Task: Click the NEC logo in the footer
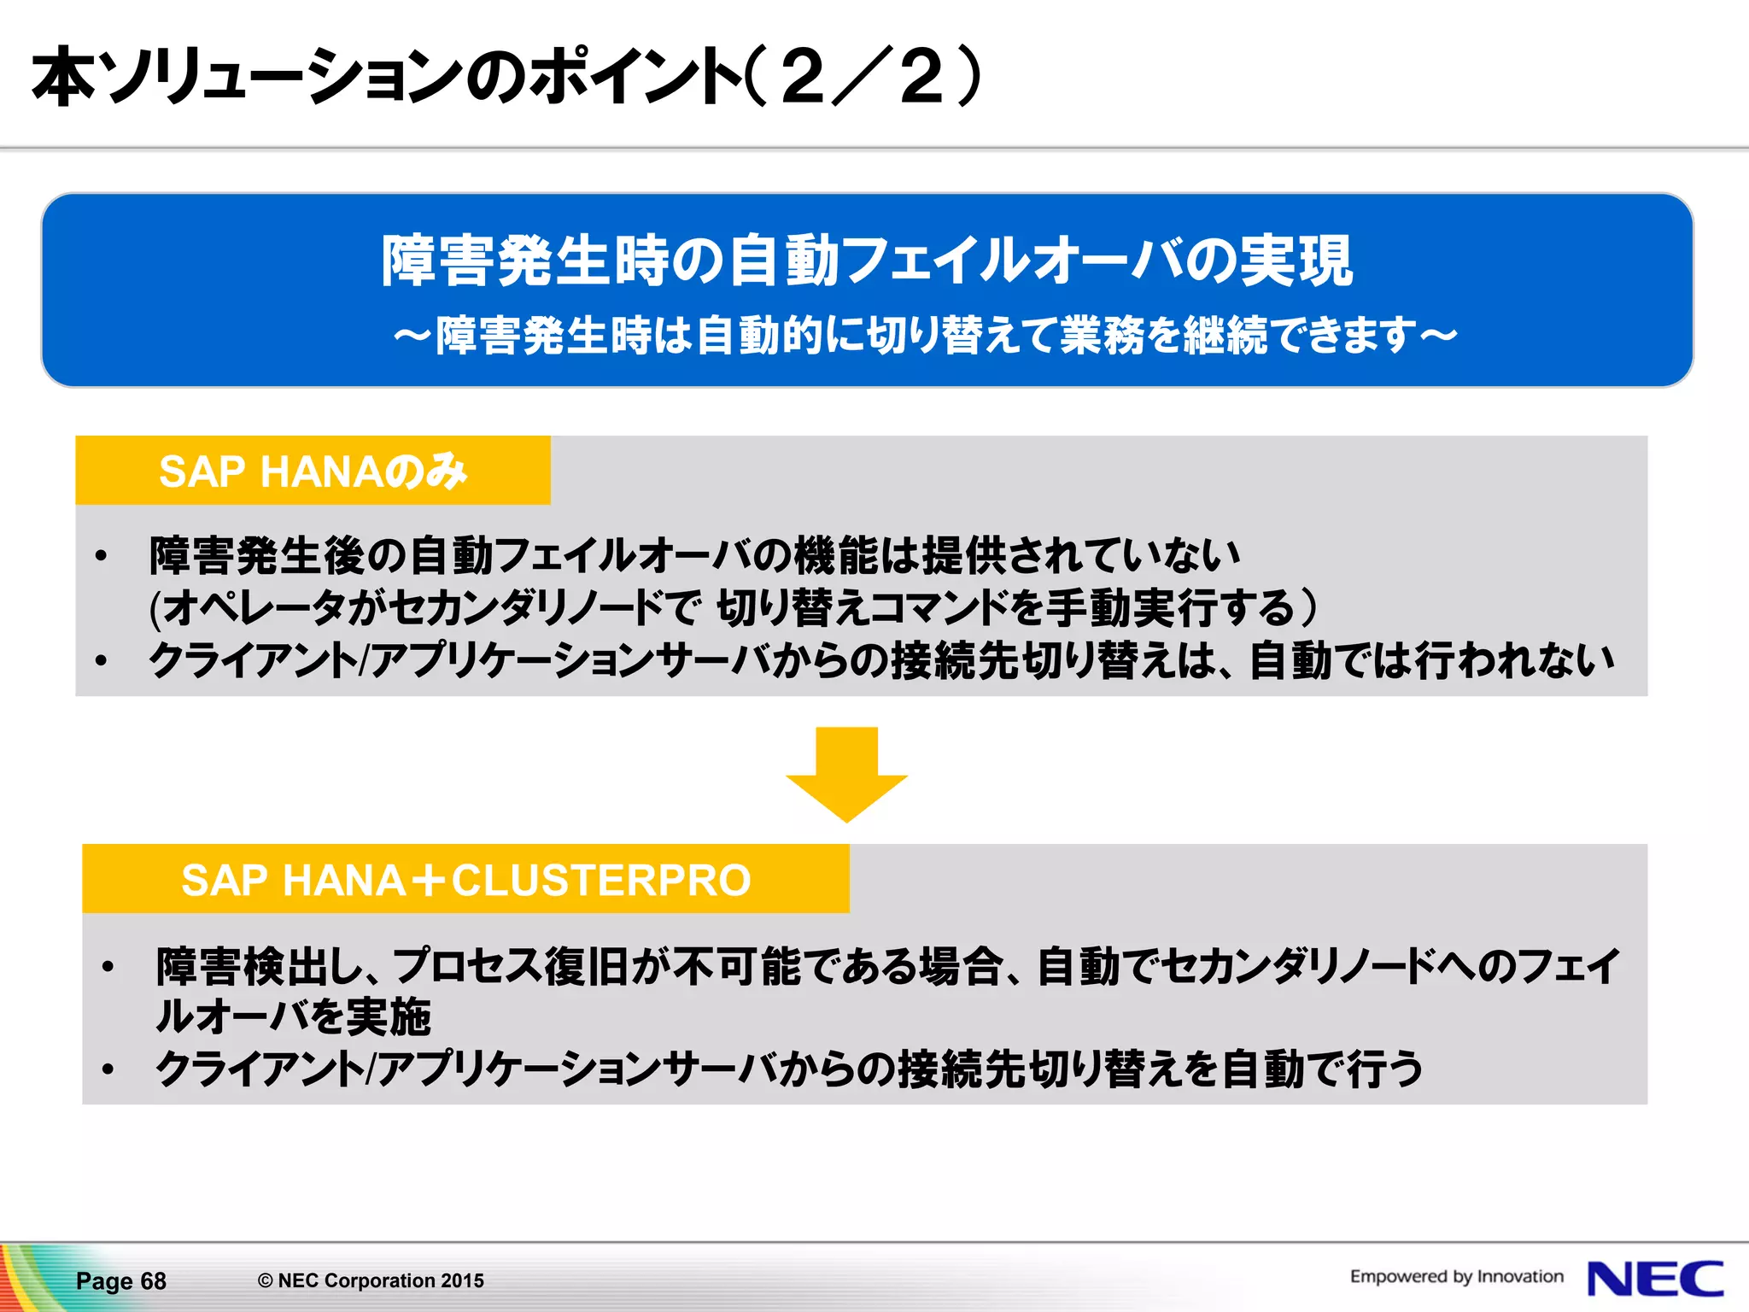click(x=1654, y=1279)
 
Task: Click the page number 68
click(x=153, y=1281)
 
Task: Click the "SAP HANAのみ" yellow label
click(x=313, y=471)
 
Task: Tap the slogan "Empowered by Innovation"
click(x=1456, y=1276)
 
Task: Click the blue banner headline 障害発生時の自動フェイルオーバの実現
click(x=867, y=261)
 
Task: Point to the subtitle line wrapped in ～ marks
click(x=925, y=335)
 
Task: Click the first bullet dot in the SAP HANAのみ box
click(x=102, y=556)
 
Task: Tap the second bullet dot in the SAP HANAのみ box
click(x=102, y=660)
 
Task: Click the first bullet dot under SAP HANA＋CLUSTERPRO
click(x=108, y=967)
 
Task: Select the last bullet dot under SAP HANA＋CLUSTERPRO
click(x=108, y=1069)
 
